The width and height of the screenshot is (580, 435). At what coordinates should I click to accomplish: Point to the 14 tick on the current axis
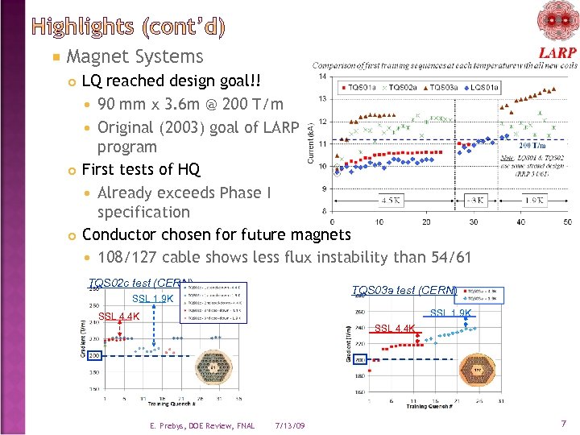point(321,77)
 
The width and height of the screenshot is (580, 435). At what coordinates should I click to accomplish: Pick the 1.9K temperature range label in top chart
point(533,200)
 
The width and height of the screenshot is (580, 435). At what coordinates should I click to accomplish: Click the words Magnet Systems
point(135,56)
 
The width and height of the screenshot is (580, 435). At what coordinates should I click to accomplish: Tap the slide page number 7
point(564,423)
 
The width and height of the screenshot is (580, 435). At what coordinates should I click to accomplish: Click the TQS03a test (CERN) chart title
point(404,291)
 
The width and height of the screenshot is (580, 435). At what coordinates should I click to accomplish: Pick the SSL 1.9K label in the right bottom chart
point(451,313)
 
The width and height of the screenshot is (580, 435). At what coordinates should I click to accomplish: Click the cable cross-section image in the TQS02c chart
point(214,371)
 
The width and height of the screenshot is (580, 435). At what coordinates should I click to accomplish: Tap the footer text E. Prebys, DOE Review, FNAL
point(202,425)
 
